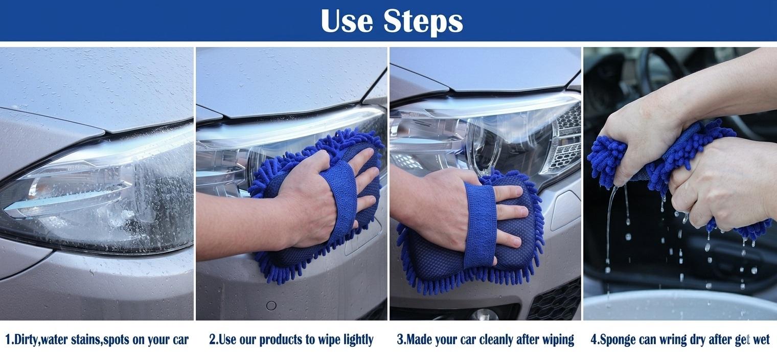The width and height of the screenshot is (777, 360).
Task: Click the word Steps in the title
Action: pyautogui.click(x=423, y=21)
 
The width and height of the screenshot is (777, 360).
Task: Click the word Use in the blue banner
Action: pyautogui.click(x=347, y=21)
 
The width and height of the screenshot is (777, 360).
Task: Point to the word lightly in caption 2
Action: pyautogui.click(x=358, y=340)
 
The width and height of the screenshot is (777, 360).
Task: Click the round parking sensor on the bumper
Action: pyautogui.click(x=271, y=305)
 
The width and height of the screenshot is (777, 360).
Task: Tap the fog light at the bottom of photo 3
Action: pyautogui.click(x=484, y=314)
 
